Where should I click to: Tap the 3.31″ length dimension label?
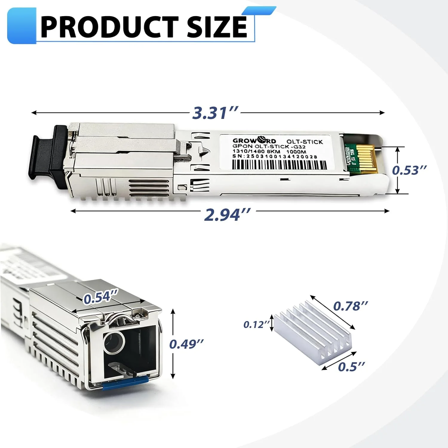215,113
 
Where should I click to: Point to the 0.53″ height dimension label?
409,170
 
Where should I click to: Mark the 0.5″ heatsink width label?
351,367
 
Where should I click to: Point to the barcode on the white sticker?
279,164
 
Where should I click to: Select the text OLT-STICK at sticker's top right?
305,142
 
